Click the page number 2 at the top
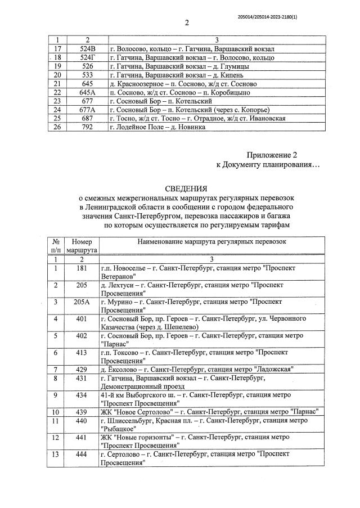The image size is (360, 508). pos(186,23)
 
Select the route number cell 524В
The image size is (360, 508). pos(88,49)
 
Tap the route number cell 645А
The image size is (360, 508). pos(88,92)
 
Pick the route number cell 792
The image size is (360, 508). pos(88,127)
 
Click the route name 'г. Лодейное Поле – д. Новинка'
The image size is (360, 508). pos(157,127)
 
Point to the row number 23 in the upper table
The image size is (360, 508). pos(56,101)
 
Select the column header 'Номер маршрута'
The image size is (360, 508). pos(82,245)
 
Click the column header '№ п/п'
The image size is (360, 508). pos(56,245)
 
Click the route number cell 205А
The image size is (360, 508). pos(82,302)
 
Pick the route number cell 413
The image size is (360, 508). pos(82,352)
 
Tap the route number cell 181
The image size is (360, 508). pos(82,268)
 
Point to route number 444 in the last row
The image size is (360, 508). pos(82,453)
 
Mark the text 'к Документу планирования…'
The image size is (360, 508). pos(267,165)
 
